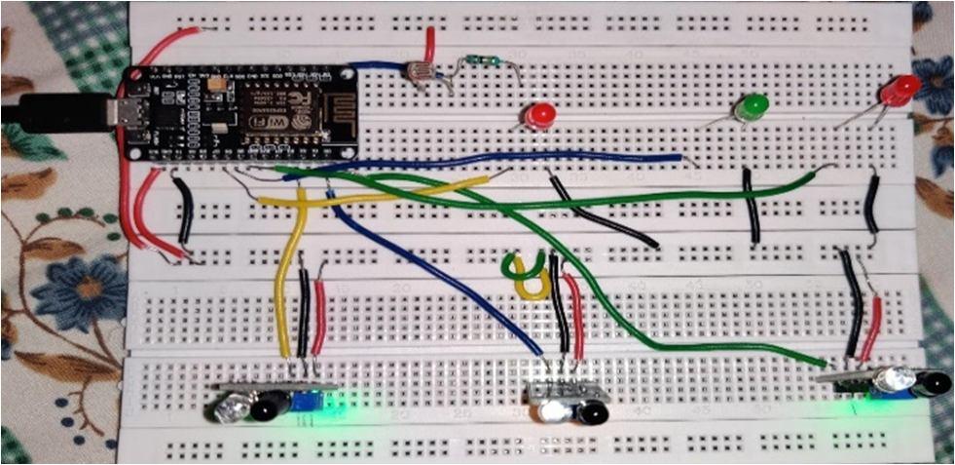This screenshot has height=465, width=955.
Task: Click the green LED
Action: point(750,105)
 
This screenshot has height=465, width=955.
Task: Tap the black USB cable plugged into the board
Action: point(49,112)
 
